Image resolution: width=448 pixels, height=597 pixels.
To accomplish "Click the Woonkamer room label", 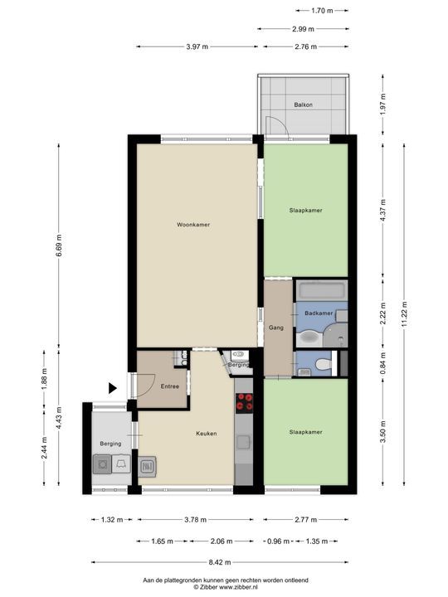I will pos(192,225).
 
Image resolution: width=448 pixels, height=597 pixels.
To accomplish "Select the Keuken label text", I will pos(207,433).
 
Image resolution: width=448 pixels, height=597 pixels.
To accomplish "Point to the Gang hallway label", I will pos(276,328).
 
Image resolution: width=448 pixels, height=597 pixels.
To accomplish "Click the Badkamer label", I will pos(319,313).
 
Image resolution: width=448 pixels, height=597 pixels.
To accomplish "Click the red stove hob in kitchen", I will pos(246,404).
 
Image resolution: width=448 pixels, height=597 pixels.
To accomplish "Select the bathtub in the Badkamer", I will pos(320,292).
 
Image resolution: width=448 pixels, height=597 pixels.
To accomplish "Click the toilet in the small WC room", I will pos(324,363).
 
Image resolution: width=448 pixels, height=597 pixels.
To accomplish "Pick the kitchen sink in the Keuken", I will pos(148,467).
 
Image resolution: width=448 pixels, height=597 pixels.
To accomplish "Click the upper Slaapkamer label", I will pos(305,211).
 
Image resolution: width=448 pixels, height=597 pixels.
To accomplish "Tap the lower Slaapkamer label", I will pos(305,432).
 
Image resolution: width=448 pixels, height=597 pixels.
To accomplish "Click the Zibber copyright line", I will pos(224,585).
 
